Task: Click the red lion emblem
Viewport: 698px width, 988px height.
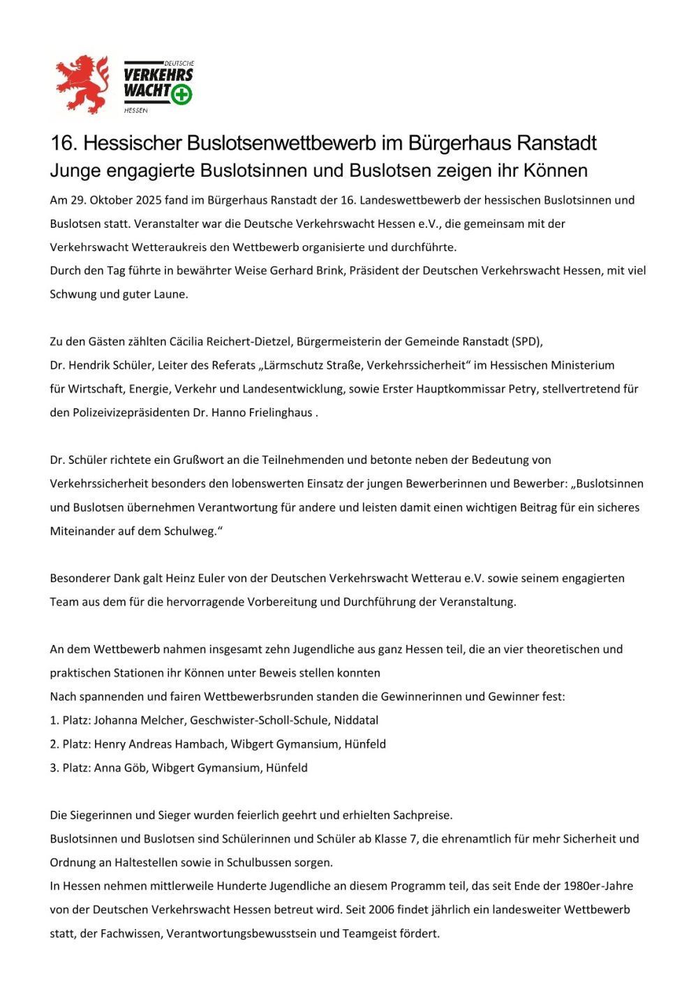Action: click(x=83, y=84)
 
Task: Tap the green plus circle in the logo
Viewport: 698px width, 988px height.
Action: click(x=181, y=94)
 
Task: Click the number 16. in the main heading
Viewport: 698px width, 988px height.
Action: click(x=64, y=143)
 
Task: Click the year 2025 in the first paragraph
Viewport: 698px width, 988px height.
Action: click(x=149, y=201)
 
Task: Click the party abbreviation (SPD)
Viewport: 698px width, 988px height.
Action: click(x=527, y=342)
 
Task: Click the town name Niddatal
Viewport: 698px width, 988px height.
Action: click(x=356, y=720)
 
